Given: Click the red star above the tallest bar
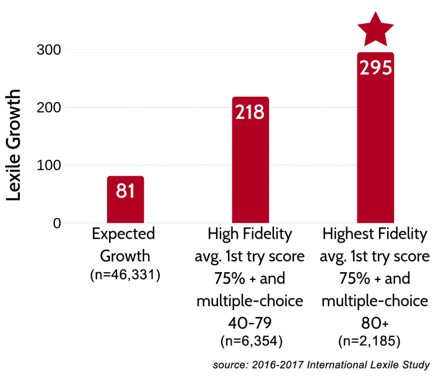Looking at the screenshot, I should coord(375,30).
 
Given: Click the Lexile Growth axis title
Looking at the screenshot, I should coord(14,145).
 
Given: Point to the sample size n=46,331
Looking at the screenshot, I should coord(125,275).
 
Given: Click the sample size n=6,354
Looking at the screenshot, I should coord(251,341).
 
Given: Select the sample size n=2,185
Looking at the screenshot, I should coord(375,341).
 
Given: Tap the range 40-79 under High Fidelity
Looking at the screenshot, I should coord(251,323).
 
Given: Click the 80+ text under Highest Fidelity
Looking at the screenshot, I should coord(375,323).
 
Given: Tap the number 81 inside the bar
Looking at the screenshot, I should coord(125,191).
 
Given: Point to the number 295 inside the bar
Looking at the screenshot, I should coord(375,68).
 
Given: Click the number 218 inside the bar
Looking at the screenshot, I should coord(251,112).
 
